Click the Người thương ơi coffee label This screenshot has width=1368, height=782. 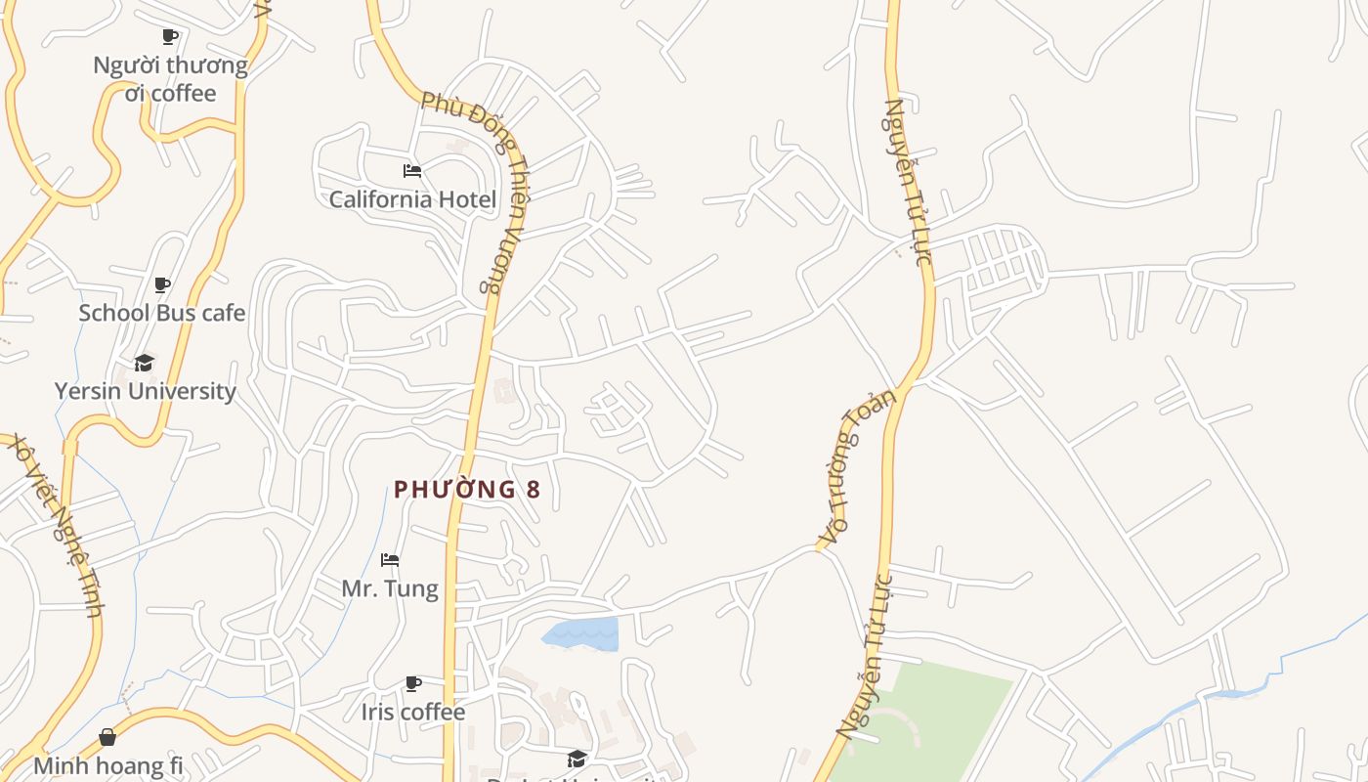[171, 79]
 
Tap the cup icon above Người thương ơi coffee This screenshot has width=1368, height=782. [170, 37]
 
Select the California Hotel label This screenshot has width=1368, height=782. [412, 199]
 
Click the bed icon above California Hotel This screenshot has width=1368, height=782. [412, 171]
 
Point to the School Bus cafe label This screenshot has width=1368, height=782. [162, 313]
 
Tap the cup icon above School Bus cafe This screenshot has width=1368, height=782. [162, 285]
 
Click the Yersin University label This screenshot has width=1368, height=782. [146, 391]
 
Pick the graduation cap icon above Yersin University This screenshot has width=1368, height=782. [145, 364]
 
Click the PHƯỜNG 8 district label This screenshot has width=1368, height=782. [467, 490]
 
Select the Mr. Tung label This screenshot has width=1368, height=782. [390, 588]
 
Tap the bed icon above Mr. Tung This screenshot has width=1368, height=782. [390, 560]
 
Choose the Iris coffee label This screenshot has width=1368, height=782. [413, 712]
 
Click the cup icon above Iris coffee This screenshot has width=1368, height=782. [413, 683]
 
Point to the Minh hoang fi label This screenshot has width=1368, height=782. [108, 764]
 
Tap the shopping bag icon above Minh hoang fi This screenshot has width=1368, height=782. [107, 737]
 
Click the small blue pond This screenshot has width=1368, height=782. [581, 633]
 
